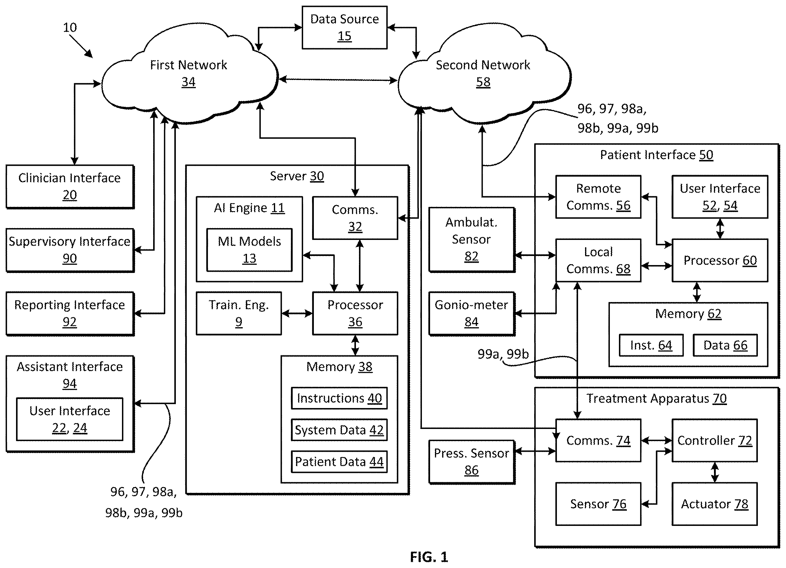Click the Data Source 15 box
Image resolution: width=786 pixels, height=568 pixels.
[x=344, y=27]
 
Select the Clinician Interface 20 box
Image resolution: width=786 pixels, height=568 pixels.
[x=70, y=187]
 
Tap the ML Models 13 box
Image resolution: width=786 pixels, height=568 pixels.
[x=249, y=250]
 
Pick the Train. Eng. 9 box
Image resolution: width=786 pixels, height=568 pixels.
[x=239, y=313]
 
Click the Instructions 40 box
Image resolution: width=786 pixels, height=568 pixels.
[x=339, y=398]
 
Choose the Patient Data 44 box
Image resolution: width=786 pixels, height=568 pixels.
[x=339, y=461]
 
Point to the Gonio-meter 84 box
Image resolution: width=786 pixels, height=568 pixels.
[x=472, y=314]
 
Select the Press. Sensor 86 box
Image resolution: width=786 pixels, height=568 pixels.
[x=472, y=462]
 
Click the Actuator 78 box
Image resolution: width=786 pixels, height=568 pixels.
[x=715, y=504]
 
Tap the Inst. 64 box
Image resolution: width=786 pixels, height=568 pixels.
[x=651, y=345]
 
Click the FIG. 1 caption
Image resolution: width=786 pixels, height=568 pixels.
[x=429, y=557]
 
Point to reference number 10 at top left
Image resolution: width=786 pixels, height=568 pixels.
[x=70, y=27]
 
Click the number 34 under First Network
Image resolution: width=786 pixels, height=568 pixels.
[x=189, y=82]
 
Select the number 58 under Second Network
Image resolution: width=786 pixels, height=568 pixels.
[x=483, y=82]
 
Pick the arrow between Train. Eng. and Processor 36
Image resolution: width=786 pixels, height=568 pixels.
[x=297, y=314]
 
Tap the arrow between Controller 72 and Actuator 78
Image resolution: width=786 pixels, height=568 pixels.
[x=715, y=472]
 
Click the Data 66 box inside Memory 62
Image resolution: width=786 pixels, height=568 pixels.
[x=725, y=345]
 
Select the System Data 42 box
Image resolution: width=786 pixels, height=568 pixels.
[x=339, y=430]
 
